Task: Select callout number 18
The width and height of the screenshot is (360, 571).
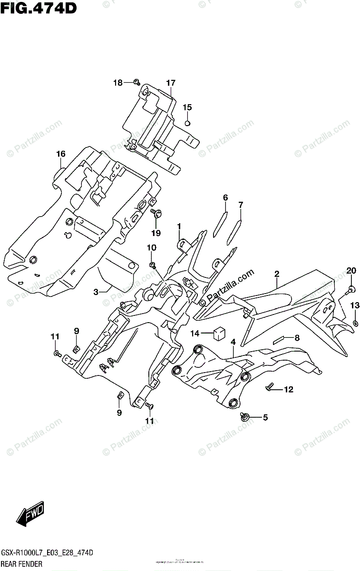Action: tap(117, 83)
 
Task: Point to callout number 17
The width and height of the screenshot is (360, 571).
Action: tap(171, 83)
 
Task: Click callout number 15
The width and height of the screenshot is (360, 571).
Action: tap(187, 107)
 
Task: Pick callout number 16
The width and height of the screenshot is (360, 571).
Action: tap(60, 154)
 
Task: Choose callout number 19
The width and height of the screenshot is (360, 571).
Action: tap(156, 233)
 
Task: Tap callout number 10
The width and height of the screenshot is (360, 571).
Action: tap(151, 247)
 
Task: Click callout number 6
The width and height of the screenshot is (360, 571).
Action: tap(225, 197)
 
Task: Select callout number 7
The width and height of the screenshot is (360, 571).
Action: tap(241, 205)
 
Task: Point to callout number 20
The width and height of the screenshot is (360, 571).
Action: tap(351, 271)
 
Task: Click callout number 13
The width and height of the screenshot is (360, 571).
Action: tap(355, 305)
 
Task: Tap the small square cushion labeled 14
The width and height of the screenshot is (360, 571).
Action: tap(219, 333)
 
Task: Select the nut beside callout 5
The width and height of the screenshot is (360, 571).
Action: tap(245, 417)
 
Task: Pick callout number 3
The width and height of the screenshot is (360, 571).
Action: tap(96, 292)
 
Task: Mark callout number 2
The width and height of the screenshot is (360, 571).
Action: tap(276, 274)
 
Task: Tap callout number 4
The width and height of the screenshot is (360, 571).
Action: tap(233, 342)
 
